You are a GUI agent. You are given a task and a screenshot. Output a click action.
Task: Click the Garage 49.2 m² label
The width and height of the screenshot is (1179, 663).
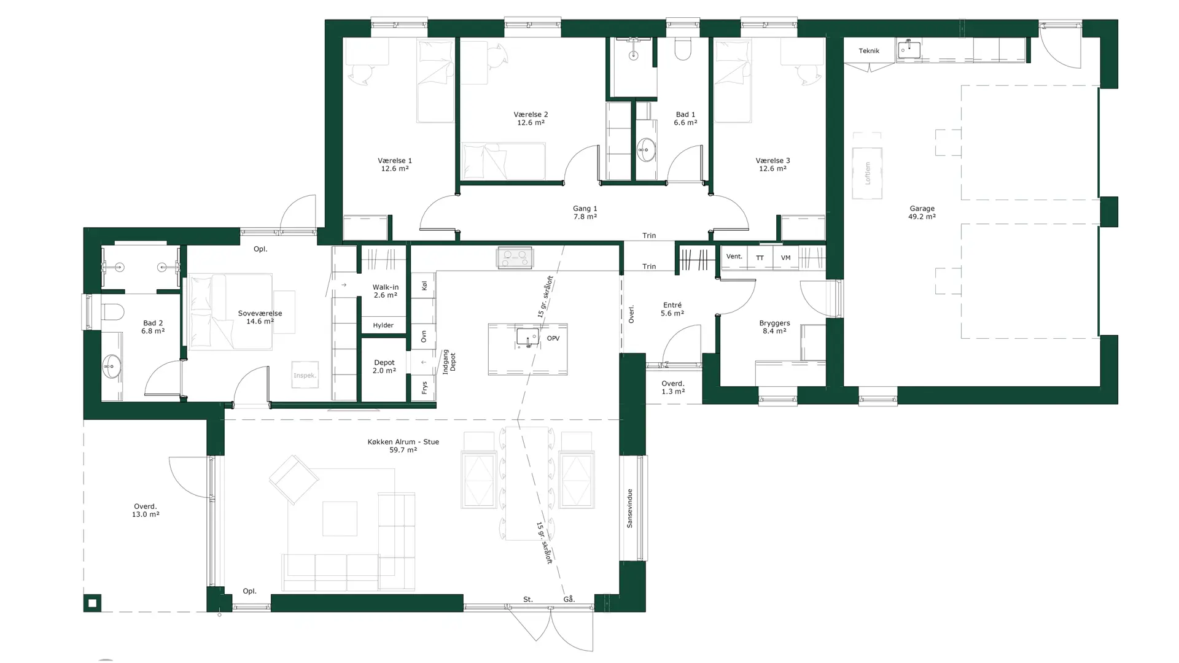tap(922, 212)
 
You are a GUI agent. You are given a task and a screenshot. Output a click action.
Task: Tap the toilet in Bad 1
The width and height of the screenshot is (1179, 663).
tap(683, 49)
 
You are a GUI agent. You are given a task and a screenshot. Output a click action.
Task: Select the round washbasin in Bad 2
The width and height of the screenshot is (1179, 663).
tap(112, 366)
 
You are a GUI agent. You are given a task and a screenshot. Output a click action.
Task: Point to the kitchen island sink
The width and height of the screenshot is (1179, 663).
tap(527, 337)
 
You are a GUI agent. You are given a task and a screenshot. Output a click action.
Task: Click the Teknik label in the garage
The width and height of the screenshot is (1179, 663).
tap(869, 51)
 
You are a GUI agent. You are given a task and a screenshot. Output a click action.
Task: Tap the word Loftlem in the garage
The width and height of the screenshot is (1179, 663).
tap(868, 173)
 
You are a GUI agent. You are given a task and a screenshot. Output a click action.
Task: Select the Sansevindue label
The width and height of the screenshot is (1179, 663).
tap(629, 508)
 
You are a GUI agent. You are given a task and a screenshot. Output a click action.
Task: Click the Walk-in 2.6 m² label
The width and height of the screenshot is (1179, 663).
tap(386, 291)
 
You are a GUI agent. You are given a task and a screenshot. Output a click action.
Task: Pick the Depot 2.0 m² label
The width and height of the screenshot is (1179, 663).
tap(384, 366)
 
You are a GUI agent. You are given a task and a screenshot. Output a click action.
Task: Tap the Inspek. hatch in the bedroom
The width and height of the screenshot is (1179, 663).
tap(305, 375)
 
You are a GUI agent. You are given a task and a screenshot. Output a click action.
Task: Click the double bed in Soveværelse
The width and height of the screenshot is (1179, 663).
tap(231, 312)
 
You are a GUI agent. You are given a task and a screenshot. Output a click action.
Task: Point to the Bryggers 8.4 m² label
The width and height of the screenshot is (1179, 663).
tap(774, 327)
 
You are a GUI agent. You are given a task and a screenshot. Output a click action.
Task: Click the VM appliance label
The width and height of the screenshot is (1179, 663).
tap(785, 258)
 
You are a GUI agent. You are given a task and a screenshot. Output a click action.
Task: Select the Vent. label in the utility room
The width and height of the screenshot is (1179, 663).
tap(734, 257)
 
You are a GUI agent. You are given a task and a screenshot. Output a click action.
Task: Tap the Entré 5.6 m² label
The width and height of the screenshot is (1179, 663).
tap(672, 309)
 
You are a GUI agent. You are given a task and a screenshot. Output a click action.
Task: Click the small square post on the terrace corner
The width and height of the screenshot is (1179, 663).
tap(92, 603)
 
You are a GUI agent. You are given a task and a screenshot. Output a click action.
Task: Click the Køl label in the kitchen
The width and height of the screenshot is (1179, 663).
tap(424, 285)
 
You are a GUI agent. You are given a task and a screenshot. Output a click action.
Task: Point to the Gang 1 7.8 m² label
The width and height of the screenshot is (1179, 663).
tap(585, 212)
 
